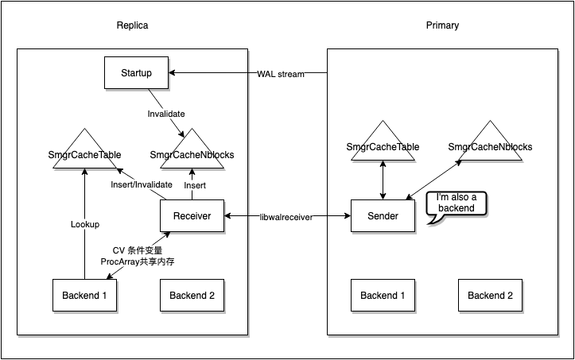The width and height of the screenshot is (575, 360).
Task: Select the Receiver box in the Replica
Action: (192, 216)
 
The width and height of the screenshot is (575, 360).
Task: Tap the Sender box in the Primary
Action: (383, 216)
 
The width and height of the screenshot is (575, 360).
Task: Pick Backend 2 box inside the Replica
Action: (192, 296)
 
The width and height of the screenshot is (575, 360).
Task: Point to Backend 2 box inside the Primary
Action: (491, 296)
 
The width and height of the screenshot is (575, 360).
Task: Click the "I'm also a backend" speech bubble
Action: (456, 203)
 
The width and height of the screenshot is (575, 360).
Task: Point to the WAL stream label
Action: (281, 74)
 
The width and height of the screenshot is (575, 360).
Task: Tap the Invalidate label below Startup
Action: (166, 114)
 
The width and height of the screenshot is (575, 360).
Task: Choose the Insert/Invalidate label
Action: (141, 184)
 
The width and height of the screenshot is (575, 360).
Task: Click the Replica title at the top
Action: (132, 25)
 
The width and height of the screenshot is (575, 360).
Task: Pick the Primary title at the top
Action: (442, 25)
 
